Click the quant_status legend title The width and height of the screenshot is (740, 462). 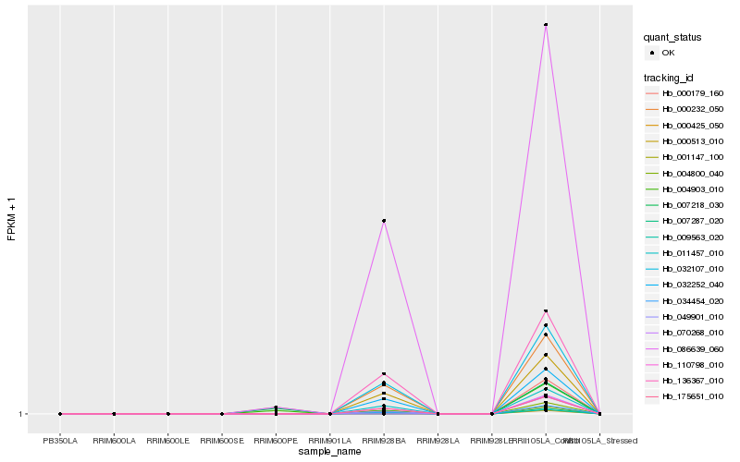pos(672,38)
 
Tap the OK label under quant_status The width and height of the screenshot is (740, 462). pos(669,53)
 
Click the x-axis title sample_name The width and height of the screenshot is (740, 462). pos(330,452)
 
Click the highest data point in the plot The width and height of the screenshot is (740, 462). pos(546,25)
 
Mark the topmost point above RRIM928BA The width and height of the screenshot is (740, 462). pos(384,221)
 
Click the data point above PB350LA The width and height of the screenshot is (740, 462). pos(60,414)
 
